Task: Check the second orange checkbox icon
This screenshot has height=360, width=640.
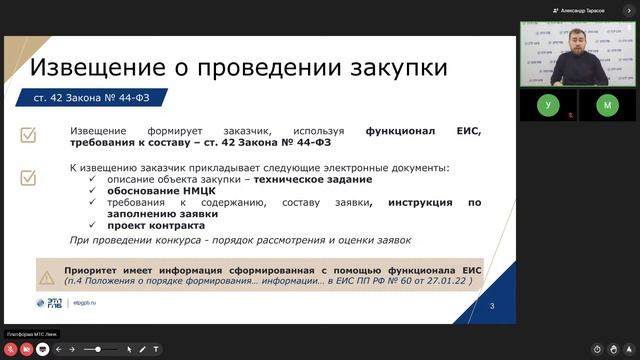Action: (x=29, y=178)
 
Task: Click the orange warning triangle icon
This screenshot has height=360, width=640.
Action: (x=46, y=277)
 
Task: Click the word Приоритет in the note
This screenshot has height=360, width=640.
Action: (x=94, y=271)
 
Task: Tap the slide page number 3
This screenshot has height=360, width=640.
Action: (x=492, y=319)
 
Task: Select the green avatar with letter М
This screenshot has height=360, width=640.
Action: (x=608, y=104)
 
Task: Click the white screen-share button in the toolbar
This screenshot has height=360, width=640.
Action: (x=42, y=349)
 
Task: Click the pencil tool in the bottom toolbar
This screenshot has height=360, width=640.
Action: (x=142, y=349)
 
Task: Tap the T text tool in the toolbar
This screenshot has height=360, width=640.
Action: (x=156, y=349)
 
